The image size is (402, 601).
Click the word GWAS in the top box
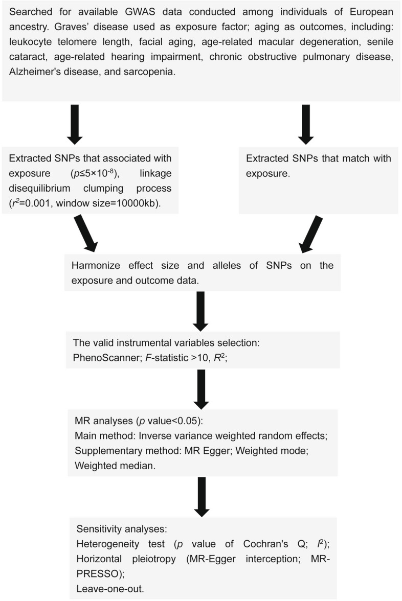click(140, 11)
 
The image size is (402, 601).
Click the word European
click(371, 12)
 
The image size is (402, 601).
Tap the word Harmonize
click(96, 265)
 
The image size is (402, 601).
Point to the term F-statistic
click(167, 358)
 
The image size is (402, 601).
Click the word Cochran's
click(265, 544)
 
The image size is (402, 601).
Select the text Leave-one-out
click(110, 589)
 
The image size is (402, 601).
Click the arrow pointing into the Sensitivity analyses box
click(202, 497)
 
